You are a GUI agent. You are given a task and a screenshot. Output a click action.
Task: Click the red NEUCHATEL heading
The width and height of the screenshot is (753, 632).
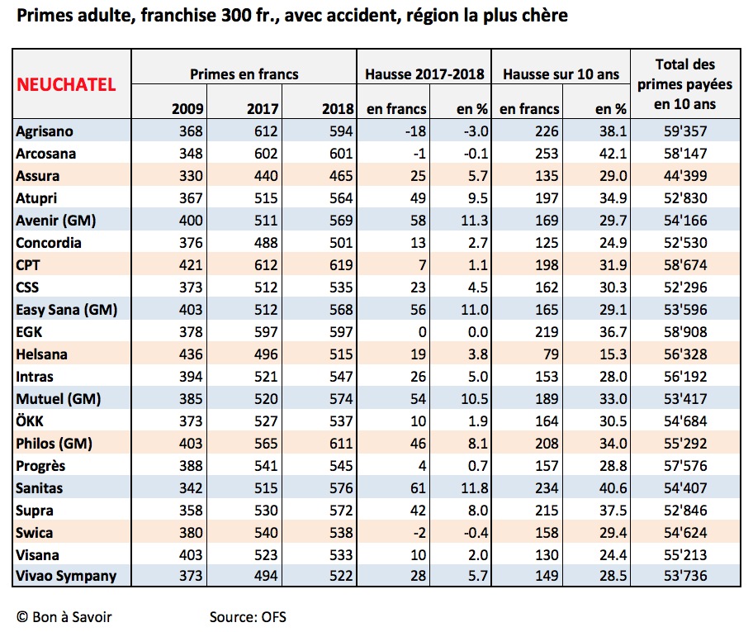pyautogui.click(x=66, y=84)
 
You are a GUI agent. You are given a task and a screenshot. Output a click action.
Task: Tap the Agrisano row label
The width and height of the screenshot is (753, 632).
pyautogui.click(x=45, y=131)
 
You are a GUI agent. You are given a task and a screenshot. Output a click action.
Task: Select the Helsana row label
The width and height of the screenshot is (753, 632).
pyautogui.click(x=42, y=354)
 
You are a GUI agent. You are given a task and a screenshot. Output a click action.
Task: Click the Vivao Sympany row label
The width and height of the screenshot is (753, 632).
pyautogui.click(x=66, y=577)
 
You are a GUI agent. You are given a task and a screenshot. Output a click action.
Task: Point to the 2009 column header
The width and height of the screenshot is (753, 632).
pyautogui.click(x=187, y=108)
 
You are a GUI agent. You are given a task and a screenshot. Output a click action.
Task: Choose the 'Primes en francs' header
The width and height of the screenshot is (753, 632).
pyautogui.click(x=244, y=74)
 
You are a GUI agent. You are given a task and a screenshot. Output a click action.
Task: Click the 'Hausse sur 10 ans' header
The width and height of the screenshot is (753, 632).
pyautogui.click(x=561, y=74)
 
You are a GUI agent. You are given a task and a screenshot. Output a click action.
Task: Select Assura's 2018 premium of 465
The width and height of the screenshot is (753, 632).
pyautogui.click(x=341, y=176)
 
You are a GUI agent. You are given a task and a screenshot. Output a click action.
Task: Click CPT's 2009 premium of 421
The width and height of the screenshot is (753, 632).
pyautogui.click(x=191, y=265)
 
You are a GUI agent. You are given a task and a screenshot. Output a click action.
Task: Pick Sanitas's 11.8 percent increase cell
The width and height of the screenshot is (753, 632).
pyautogui.click(x=475, y=488)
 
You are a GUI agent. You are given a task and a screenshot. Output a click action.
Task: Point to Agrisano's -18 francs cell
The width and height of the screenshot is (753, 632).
pyautogui.click(x=415, y=131)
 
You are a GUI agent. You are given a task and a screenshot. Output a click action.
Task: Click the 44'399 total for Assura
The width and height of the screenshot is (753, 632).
pyautogui.click(x=685, y=176)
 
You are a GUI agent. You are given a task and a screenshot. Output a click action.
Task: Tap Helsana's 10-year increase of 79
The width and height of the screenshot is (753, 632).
pyautogui.click(x=551, y=354)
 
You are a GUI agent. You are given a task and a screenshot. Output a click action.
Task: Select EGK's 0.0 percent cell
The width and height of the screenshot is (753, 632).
pyautogui.click(x=478, y=332)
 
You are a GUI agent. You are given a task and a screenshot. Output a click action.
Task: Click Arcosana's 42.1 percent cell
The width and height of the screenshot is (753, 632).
pyautogui.click(x=613, y=154)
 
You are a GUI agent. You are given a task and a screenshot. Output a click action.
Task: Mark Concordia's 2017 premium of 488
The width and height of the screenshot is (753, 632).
pyautogui.click(x=266, y=243)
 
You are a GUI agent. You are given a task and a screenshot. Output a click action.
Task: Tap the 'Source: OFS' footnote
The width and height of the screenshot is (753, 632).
pyautogui.click(x=248, y=617)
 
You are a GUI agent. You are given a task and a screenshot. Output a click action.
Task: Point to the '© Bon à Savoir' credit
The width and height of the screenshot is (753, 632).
pyautogui.click(x=64, y=617)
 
